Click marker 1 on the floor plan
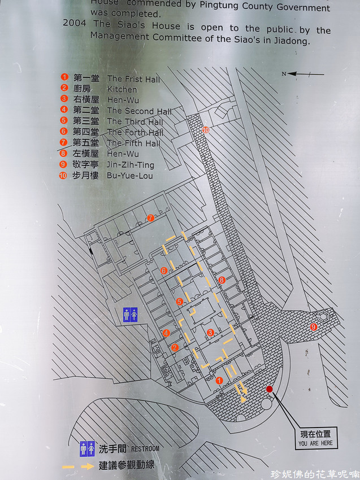(219, 381)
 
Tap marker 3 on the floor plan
(210, 333)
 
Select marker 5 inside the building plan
(179, 302)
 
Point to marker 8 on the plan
(222, 280)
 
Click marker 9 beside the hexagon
(314, 327)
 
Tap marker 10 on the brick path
(205, 130)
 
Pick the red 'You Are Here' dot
(270, 389)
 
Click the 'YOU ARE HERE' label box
(316, 438)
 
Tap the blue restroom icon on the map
(131, 315)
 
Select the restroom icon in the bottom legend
(87, 448)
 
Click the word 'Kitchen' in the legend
(122, 89)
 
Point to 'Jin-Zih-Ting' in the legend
(131, 165)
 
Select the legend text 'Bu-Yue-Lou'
(130, 176)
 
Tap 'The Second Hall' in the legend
(139, 111)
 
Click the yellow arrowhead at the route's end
(244, 399)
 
